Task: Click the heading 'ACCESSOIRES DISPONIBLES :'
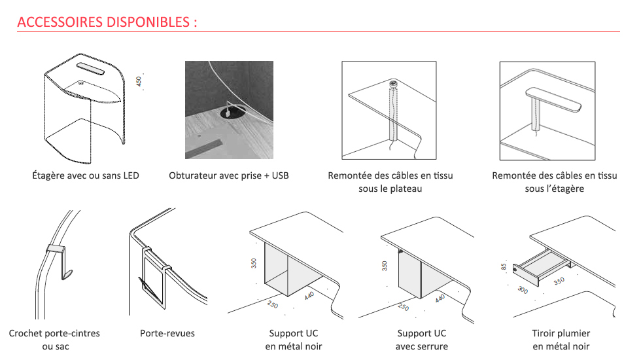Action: pyautogui.click(x=107, y=22)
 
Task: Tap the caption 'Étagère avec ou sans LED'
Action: pyautogui.click(x=86, y=175)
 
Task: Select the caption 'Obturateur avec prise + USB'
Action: pyautogui.click(x=228, y=175)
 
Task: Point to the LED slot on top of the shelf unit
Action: pyautogui.click(x=90, y=68)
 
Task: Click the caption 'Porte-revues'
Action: pyautogui.click(x=167, y=333)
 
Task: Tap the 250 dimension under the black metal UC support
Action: pyautogui.click(x=273, y=304)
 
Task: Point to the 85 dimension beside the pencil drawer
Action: pyautogui.click(x=504, y=267)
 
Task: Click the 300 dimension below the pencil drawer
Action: pyautogui.click(x=523, y=289)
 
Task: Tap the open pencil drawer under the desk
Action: pyautogui.click(x=540, y=266)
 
